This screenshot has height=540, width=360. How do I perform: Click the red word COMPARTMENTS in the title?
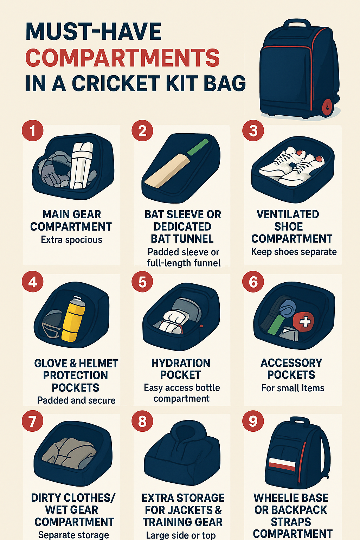(122, 58)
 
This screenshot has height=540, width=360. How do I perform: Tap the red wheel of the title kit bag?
(327, 107)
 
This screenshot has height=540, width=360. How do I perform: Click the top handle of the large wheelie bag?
(297, 25)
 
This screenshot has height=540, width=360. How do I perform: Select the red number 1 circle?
(32, 131)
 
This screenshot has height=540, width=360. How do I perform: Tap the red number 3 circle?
(253, 131)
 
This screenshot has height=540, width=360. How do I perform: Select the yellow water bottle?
(73, 320)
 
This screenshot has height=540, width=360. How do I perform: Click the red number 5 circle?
(142, 282)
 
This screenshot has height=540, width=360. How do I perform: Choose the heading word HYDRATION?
(181, 363)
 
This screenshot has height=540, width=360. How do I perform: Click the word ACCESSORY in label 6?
(291, 363)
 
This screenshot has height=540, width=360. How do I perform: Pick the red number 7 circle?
(32, 421)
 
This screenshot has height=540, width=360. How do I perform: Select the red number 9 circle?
(253, 421)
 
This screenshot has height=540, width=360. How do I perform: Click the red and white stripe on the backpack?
(282, 464)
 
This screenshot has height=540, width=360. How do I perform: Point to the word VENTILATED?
(288, 214)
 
